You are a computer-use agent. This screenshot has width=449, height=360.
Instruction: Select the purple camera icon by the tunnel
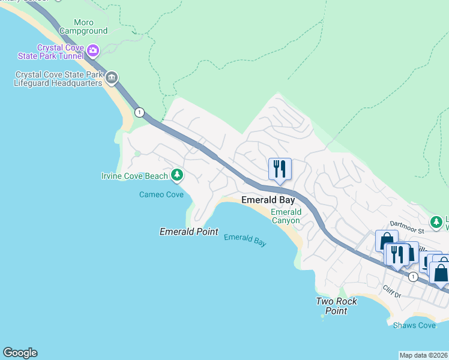click(x=92, y=50)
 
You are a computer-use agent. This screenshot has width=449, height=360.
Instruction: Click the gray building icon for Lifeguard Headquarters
click(x=111, y=78)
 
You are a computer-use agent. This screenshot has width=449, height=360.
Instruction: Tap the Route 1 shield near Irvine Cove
click(x=139, y=112)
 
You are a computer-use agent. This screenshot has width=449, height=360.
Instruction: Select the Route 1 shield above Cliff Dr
click(x=413, y=277)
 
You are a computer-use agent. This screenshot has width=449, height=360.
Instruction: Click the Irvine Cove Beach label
click(x=134, y=176)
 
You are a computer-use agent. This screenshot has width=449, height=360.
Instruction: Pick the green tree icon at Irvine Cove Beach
click(x=176, y=175)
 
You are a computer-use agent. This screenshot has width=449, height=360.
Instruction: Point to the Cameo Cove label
click(x=161, y=194)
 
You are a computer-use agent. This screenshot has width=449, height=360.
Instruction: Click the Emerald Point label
click(x=188, y=232)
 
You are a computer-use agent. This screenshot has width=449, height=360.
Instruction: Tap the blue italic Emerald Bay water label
click(x=245, y=240)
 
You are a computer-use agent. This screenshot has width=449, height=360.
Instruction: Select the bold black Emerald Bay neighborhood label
click(x=268, y=200)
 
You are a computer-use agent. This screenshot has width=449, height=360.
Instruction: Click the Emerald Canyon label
click(x=286, y=216)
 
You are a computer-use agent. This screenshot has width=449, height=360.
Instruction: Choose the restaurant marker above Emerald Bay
click(x=280, y=169)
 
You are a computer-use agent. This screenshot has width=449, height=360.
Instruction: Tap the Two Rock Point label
click(x=337, y=305)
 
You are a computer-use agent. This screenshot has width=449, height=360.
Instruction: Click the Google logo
click(x=20, y=353)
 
